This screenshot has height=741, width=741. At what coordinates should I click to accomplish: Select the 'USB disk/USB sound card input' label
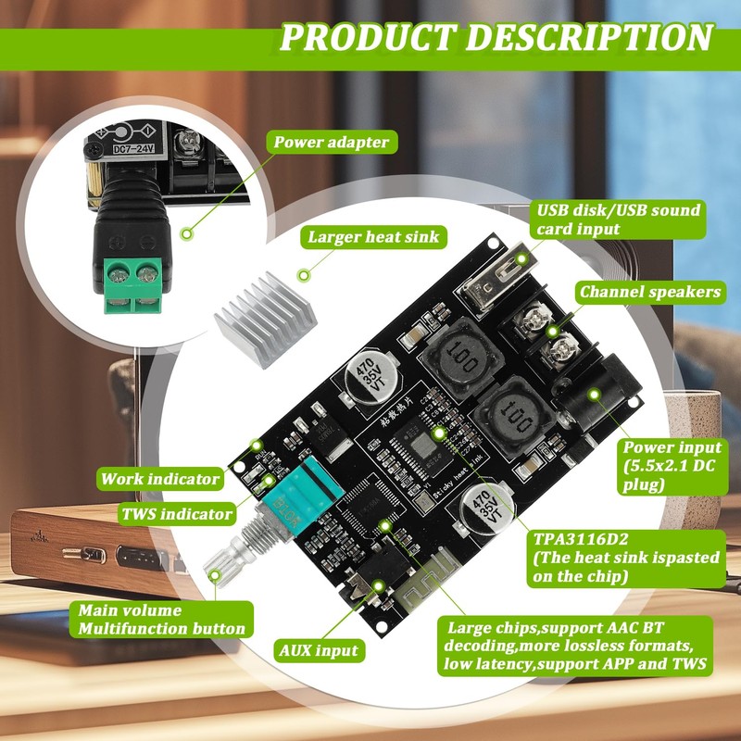618,219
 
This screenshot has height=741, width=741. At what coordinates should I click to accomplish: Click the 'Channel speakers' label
649,292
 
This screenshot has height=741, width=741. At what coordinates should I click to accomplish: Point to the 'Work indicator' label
161,479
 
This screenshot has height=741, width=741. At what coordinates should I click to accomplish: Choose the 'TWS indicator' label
175,513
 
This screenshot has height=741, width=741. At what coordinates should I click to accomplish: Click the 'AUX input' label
318,650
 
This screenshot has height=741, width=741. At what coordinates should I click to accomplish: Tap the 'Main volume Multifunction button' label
162,620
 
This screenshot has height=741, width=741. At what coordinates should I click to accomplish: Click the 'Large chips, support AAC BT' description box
575,646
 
